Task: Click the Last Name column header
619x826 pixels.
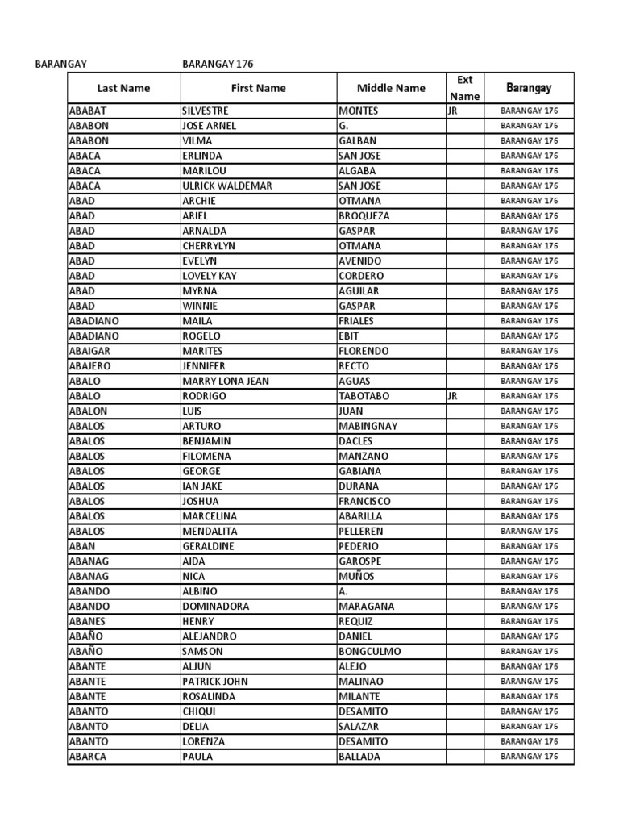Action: point(123,88)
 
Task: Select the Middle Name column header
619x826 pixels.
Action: point(391,88)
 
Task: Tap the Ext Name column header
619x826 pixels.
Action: point(464,88)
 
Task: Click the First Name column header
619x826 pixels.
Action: point(258,88)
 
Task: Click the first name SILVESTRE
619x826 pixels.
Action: point(206,111)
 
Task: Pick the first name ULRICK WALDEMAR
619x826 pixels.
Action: point(227,186)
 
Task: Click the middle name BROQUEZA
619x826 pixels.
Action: point(364,216)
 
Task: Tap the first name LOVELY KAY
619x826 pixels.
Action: point(210,276)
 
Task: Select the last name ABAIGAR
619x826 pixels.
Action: point(90,351)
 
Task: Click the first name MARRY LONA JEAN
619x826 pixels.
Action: point(226,381)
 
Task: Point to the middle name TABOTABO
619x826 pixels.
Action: point(364,396)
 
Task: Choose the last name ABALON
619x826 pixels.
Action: point(88,411)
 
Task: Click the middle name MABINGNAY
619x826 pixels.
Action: point(368,426)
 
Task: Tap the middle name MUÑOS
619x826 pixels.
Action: point(357,576)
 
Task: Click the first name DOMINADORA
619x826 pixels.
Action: point(216,606)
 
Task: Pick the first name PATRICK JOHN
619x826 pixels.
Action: point(215,681)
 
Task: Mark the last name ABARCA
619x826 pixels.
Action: point(88,757)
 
